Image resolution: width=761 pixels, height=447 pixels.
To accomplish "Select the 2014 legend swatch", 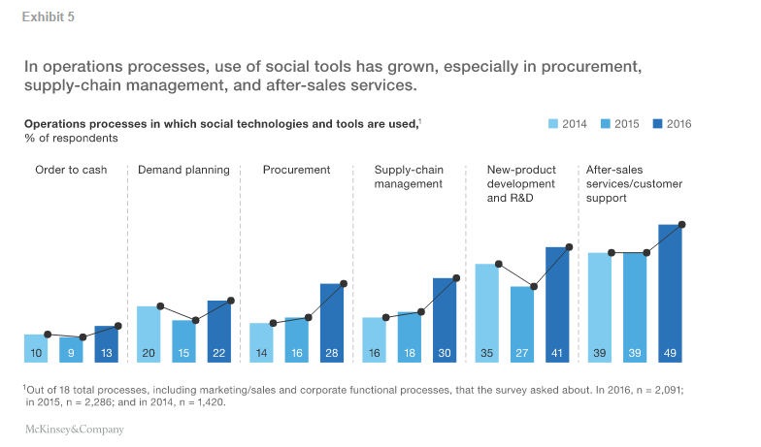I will (x=554, y=123).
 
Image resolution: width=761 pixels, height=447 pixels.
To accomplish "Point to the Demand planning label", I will (x=183, y=170).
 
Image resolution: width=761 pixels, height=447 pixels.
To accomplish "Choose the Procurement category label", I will (x=296, y=170).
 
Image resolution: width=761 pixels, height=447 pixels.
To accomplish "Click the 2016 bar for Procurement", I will (x=332, y=323).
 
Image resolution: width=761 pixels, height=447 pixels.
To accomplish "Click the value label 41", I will (x=557, y=354).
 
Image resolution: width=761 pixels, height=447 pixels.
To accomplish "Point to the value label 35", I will (x=486, y=354).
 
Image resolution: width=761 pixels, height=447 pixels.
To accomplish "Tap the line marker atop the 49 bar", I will (x=682, y=225).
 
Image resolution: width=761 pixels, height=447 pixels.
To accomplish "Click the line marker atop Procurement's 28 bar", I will (x=344, y=284).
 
